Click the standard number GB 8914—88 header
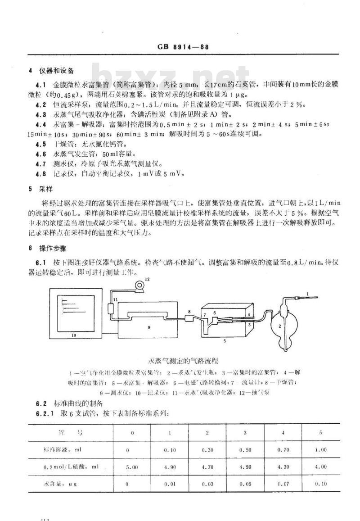(x=181, y=48)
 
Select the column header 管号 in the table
(x=72, y=432)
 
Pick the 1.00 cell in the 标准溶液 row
(x=320, y=449)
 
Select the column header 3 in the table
(x=245, y=432)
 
